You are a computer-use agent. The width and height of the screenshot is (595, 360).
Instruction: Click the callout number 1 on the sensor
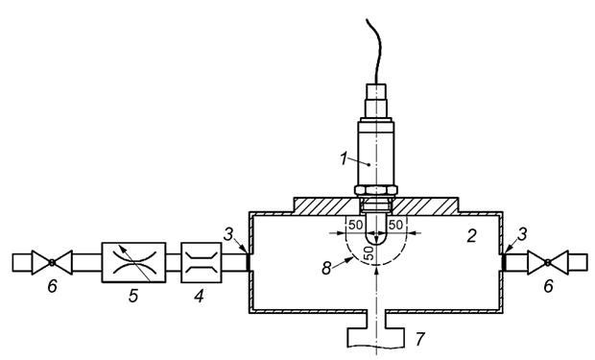pos(344,158)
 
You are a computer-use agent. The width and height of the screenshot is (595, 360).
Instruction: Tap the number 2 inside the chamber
pos(471,236)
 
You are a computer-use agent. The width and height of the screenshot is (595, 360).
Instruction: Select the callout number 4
pos(199,295)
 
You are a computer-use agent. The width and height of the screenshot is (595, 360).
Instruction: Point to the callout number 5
pos(133,296)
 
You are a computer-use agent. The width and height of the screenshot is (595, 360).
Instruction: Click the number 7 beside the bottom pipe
pos(419,339)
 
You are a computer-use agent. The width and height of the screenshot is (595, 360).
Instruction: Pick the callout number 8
pos(326,268)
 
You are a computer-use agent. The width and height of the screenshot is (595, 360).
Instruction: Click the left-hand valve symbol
pos(52,262)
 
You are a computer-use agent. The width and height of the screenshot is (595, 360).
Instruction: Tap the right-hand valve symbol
pos(548,262)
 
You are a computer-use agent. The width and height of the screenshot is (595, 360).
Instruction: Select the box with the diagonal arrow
pos(133,262)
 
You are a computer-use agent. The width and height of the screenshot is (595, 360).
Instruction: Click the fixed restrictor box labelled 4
pos(202,262)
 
